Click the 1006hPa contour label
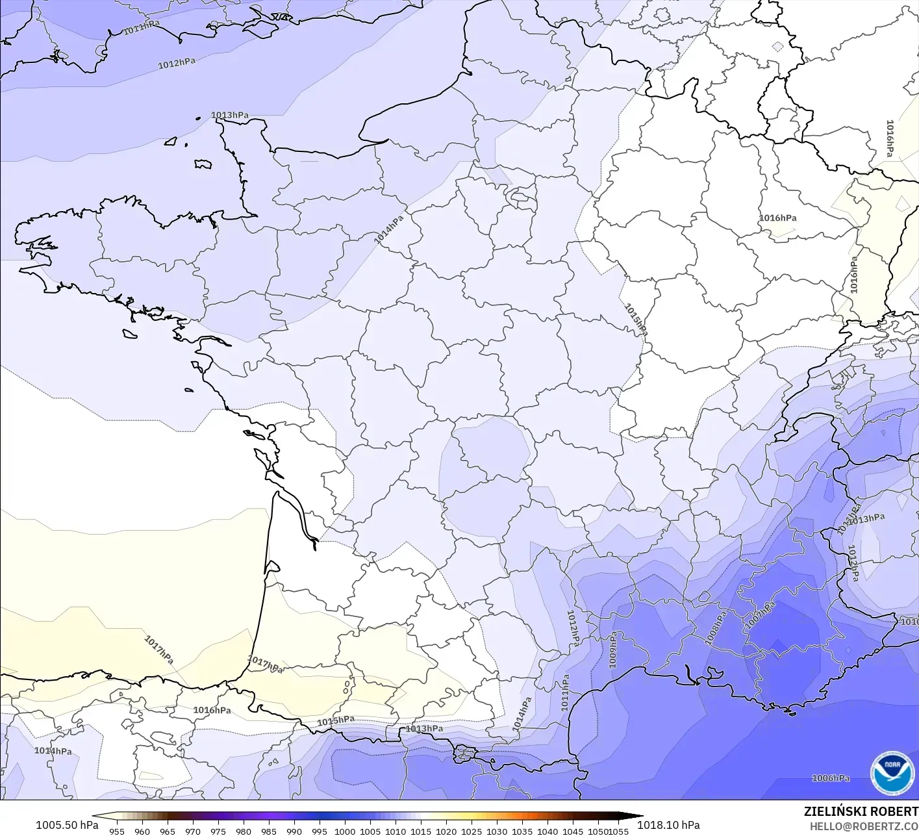tap(830, 778)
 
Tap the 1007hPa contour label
tap(759, 614)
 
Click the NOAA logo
tap(892, 772)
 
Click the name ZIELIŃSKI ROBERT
tap(861, 811)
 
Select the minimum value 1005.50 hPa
tap(67, 825)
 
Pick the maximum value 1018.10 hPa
tap(668, 825)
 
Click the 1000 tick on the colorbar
tap(345, 831)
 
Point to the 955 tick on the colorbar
tap(116, 831)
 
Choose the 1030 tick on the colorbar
tap(497, 831)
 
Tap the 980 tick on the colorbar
tap(244, 831)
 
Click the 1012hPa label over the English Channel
tap(177, 63)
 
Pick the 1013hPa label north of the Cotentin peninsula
tap(229, 115)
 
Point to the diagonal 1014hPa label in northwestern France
tap(388, 229)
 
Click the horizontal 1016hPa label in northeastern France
tap(777, 218)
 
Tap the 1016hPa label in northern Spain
tap(212, 710)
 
